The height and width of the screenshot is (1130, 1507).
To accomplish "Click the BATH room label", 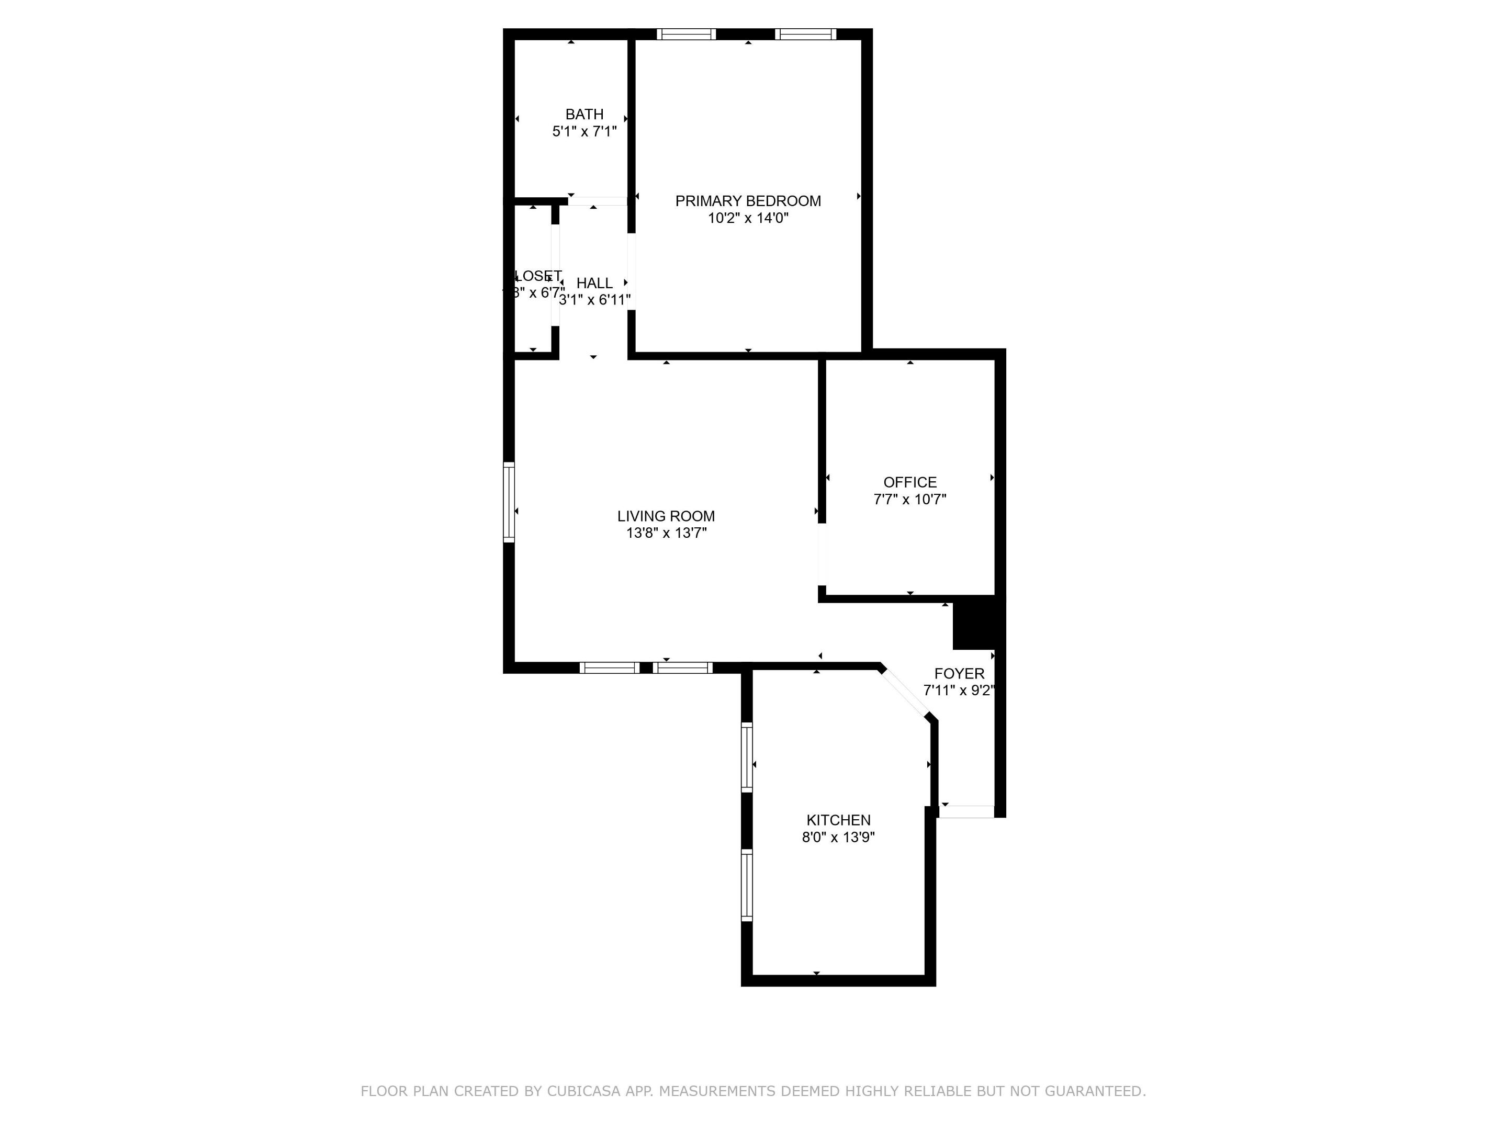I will click(584, 115).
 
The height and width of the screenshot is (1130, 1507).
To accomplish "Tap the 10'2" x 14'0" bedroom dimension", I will click(747, 219).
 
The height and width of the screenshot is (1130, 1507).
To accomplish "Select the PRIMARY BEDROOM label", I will click(747, 201).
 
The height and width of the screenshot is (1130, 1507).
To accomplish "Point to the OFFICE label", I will click(909, 482).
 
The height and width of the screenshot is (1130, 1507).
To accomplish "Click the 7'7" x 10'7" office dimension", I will click(909, 499).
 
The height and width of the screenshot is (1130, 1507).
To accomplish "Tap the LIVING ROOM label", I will click(666, 516).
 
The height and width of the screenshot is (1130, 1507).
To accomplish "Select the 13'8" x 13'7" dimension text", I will click(666, 533).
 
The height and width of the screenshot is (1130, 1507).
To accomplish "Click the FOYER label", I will click(959, 674).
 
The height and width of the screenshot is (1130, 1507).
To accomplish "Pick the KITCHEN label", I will click(838, 820).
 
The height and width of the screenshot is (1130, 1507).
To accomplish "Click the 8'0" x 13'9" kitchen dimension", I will click(838, 837).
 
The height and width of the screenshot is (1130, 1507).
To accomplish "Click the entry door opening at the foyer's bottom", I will click(966, 811).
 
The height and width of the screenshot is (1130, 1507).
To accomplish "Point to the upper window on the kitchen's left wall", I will click(747, 758).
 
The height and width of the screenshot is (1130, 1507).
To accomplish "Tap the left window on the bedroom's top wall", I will click(686, 34).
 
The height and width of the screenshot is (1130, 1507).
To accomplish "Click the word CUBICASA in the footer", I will click(583, 1091).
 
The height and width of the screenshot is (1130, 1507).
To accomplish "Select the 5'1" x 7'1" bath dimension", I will click(584, 131).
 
